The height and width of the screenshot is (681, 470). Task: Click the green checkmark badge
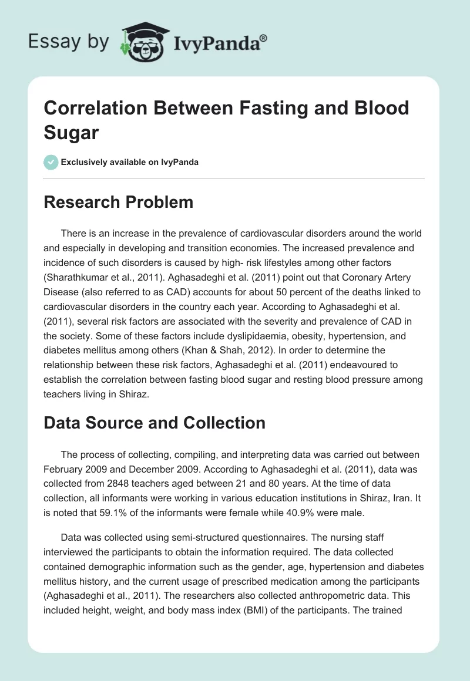pyautogui.click(x=51, y=162)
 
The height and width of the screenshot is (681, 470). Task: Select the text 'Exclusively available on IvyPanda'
pyautogui.click(x=130, y=162)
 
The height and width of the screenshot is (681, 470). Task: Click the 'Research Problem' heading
pyautogui.click(x=118, y=202)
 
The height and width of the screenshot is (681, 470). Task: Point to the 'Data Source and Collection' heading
pyautogui.click(x=155, y=423)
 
